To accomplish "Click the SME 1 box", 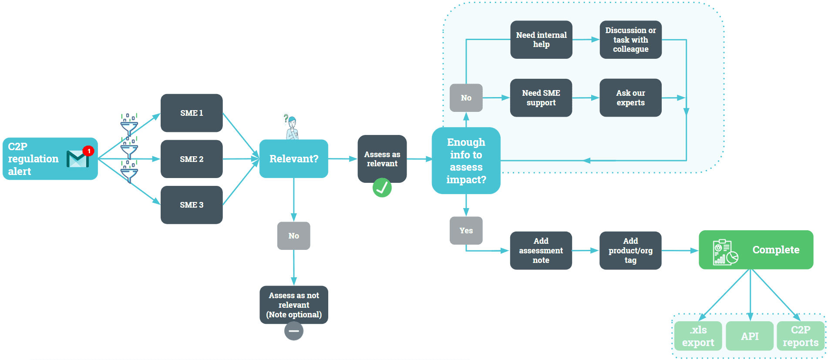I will point(192,113).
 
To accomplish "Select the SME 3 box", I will point(192,205).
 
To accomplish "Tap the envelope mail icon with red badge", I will point(79,158).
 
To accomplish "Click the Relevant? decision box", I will point(293,159).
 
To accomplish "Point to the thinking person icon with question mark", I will point(291,127).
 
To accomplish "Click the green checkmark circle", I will point(382,188).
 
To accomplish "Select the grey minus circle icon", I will point(294,331).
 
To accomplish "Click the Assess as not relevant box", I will point(294,305).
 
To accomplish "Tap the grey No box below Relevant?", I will point(294,236).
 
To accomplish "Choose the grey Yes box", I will point(466,231).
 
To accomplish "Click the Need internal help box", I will point(541,40).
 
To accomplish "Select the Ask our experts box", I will point(630,98).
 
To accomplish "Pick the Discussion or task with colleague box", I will point(630,40).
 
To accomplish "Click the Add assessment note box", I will point(541,251).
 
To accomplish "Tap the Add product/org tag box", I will point(630,251).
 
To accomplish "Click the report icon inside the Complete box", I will point(724,252).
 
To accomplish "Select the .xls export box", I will point(698,336).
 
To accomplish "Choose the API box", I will point(750,336).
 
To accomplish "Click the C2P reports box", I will point(800,336).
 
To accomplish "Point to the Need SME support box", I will point(541,98).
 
